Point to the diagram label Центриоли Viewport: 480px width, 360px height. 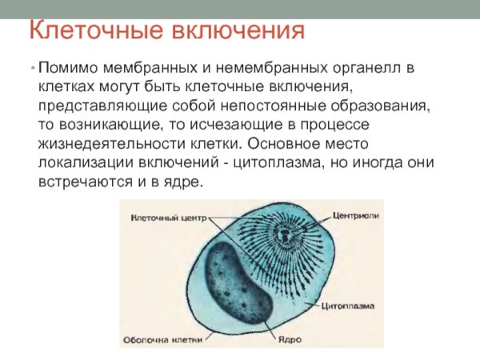tap(354, 216)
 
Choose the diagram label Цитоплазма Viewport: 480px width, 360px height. tap(351, 306)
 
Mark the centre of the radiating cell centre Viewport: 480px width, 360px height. tap(284, 237)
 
